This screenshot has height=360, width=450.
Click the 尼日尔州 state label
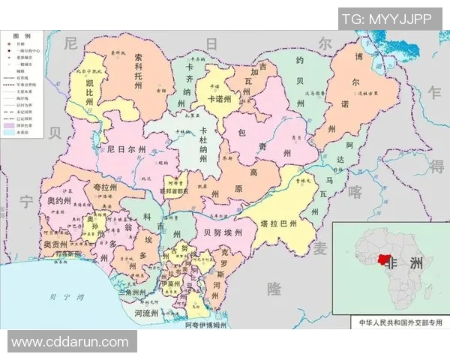[132, 149]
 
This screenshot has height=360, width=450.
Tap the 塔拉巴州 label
[278, 223]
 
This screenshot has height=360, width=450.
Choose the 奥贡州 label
[55, 244]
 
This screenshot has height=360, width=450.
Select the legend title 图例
[22, 36]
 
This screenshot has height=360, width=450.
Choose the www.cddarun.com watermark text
[70, 342]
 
